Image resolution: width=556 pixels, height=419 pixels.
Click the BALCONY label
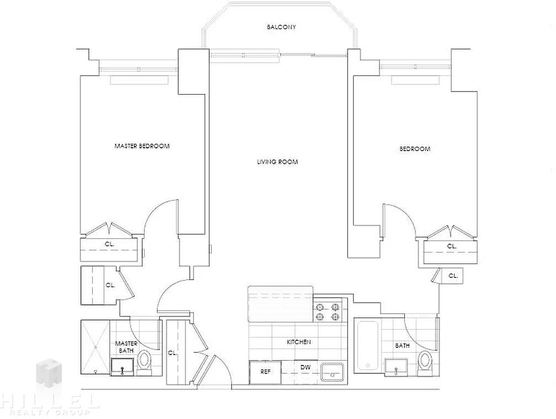[281, 27]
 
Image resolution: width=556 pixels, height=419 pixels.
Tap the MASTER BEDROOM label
[142, 146]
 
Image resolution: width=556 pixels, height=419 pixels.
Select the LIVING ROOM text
[277, 162]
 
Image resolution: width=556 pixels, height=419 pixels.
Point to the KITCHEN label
[299, 342]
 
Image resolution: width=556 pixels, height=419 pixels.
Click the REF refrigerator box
[265, 372]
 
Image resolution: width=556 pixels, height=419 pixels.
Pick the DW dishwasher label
[306, 367]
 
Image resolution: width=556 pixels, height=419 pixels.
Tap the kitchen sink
[333, 372]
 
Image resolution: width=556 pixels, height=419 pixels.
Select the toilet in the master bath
[144, 363]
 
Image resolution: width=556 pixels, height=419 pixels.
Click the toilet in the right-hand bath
[425, 363]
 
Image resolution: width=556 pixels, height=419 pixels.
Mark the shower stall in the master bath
[95, 347]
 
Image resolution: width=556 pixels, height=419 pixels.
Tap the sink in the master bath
[122, 367]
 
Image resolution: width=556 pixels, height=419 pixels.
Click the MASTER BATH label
[127, 347]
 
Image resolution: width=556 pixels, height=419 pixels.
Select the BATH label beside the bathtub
[403, 345]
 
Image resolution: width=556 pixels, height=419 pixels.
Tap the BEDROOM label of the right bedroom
[415, 149]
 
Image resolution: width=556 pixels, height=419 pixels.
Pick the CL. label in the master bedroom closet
[110, 244]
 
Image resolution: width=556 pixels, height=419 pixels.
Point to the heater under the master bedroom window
[139, 80]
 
